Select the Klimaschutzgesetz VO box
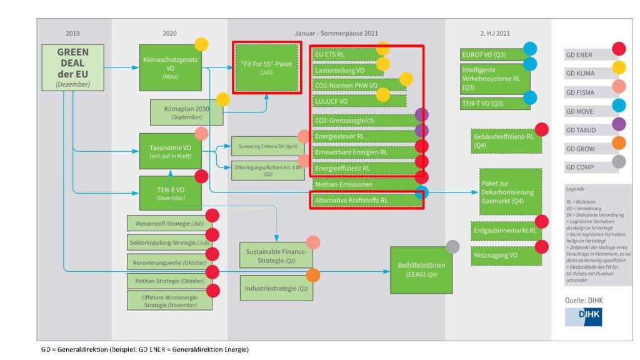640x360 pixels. coord(165,64)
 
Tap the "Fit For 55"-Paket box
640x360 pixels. coord(267,67)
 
